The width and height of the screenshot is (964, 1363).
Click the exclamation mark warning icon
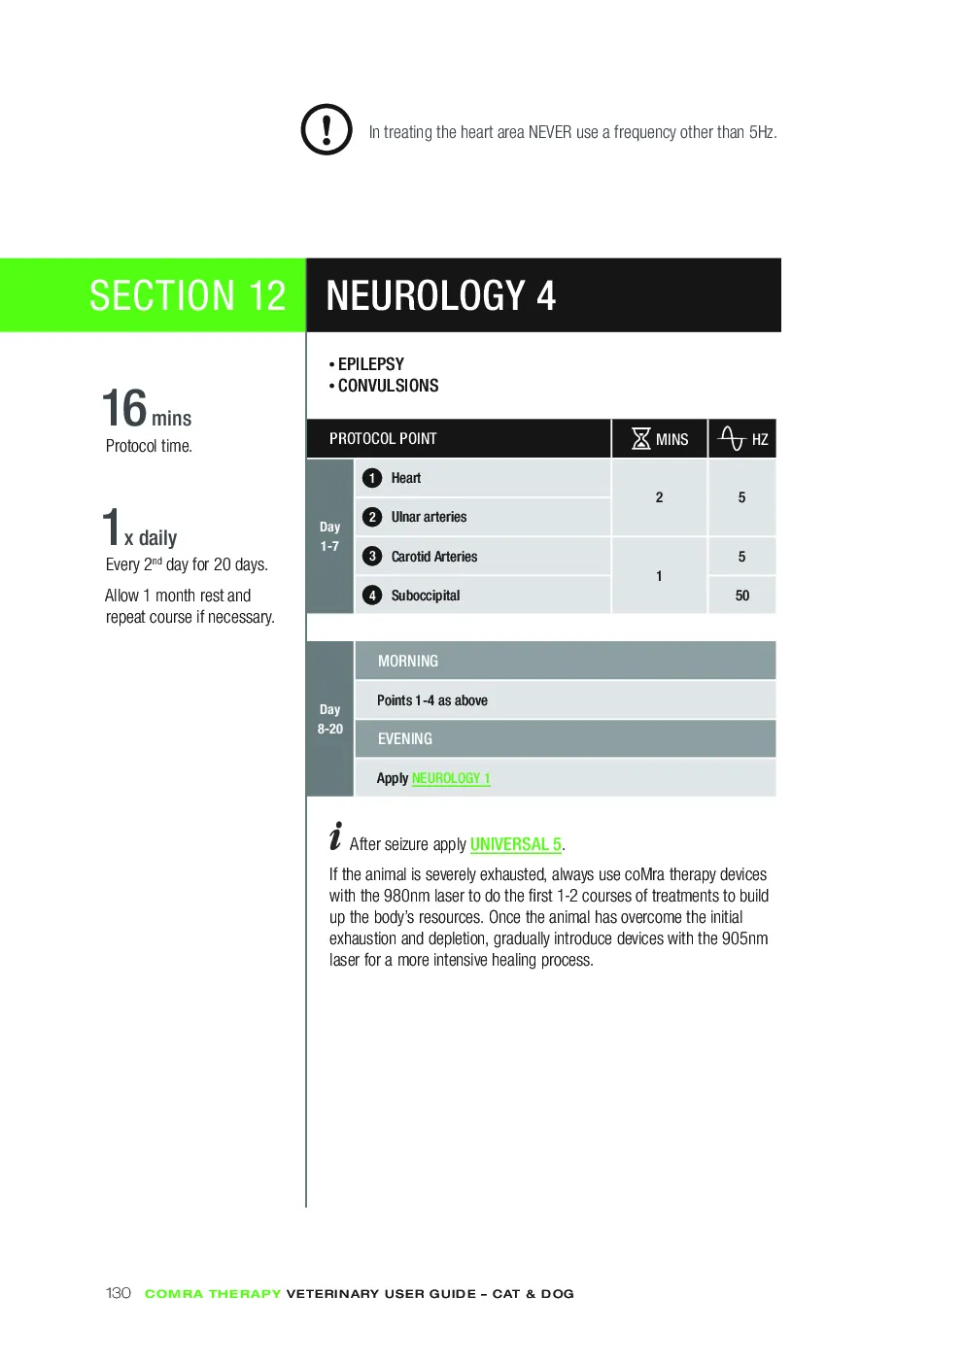[x=327, y=129]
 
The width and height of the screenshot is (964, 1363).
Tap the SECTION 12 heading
[x=188, y=295]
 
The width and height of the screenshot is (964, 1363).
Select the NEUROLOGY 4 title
[x=440, y=295]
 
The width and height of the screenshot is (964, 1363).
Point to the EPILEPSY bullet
[x=366, y=364]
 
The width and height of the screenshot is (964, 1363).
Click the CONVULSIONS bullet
[x=384, y=386]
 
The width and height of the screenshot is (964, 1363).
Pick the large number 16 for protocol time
[x=124, y=408]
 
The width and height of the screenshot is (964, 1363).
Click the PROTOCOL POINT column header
[x=383, y=439]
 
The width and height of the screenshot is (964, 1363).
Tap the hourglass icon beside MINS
[x=640, y=438]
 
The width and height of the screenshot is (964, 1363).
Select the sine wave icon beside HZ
[x=731, y=438]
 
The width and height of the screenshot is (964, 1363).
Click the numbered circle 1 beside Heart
[x=372, y=478]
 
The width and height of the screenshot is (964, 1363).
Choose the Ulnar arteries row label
[x=429, y=517]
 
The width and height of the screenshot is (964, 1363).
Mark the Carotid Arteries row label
[x=434, y=557]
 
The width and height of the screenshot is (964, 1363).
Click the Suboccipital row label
[x=426, y=596]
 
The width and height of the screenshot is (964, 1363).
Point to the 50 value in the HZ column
[x=741, y=596]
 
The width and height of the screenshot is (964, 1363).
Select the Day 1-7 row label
[x=329, y=536]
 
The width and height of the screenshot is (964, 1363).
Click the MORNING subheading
[x=408, y=661]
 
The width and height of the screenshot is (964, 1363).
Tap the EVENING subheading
[x=404, y=738]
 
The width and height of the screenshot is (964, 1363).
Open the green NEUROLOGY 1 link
[x=451, y=778]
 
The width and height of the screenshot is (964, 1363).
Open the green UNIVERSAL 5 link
[x=516, y=844]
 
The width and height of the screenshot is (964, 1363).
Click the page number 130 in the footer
[x=118, y=1293]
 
